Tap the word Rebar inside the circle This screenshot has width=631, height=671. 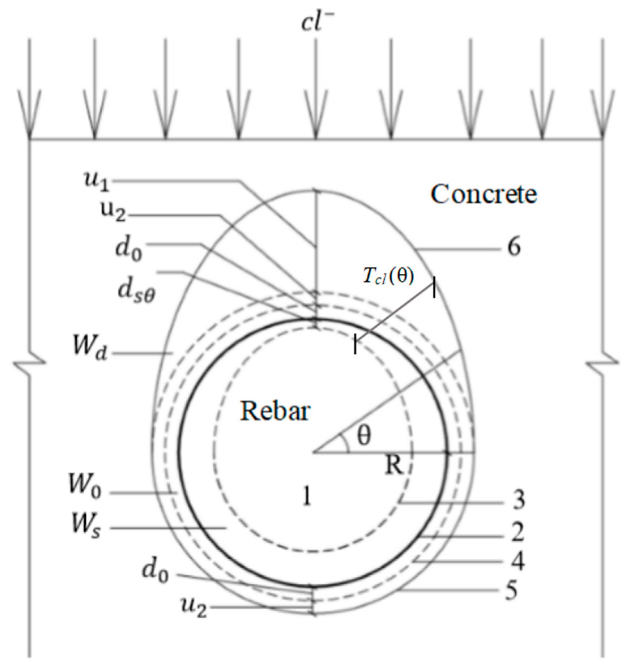[275, 411]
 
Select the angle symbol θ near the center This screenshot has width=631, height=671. [364, 436]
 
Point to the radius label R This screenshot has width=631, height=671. [394, 465]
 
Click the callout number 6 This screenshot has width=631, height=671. [514, 248]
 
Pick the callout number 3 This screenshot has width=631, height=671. [519, 500]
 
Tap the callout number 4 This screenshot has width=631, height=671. [518, 561]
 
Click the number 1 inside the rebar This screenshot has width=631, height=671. [306, 496]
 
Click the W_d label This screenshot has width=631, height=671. [89, 346]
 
